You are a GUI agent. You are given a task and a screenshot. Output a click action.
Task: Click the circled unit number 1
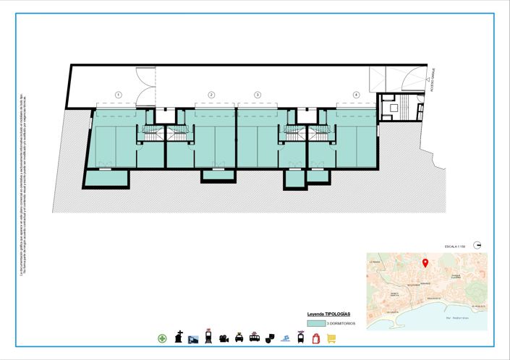point(118,95)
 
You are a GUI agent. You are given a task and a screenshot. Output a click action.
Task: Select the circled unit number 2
point(212,95)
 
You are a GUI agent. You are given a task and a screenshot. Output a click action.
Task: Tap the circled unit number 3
point(257,95)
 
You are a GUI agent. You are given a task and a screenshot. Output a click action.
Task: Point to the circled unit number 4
point(356,95)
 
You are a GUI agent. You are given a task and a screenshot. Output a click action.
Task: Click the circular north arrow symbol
point(477,245)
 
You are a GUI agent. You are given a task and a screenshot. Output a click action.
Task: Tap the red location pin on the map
point(425,263)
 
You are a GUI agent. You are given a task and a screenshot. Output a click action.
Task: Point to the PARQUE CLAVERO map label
point(456,276)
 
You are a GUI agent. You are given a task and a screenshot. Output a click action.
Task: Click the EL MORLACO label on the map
point(477,307)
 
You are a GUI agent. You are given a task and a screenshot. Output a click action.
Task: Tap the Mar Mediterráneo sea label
point(458,317)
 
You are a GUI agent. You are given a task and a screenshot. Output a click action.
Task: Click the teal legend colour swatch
point(315,324)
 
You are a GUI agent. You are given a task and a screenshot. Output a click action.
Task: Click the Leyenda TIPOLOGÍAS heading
point(328,314)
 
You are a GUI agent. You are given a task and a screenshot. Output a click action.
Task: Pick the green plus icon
point(162,338)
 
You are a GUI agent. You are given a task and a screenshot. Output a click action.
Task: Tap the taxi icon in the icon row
point(239,338)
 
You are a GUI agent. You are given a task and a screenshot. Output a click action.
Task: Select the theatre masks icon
point(270,338)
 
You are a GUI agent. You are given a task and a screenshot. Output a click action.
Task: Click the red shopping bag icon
point(315,338)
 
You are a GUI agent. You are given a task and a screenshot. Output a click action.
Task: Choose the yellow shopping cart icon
point(331,338)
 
